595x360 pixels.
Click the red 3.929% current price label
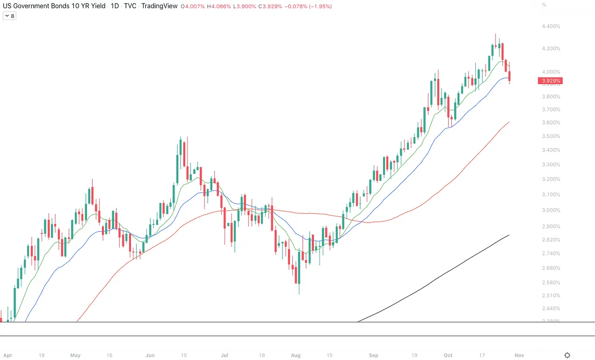(550, 81)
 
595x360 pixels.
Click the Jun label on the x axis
(150, 355)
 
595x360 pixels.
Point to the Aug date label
(296, 355)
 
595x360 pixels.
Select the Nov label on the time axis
(519, 355)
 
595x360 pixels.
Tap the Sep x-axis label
(373, 355)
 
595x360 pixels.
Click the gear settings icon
(567, 355)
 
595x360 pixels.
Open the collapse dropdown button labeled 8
(9, 16)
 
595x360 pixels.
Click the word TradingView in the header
(160, 6)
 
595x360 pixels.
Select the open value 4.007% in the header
(195, 6)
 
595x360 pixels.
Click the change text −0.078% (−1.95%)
(309, 6)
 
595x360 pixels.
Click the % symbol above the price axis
(544, 5)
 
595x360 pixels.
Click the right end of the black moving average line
(508, 235)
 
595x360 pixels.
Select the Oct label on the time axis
(448, 355)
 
